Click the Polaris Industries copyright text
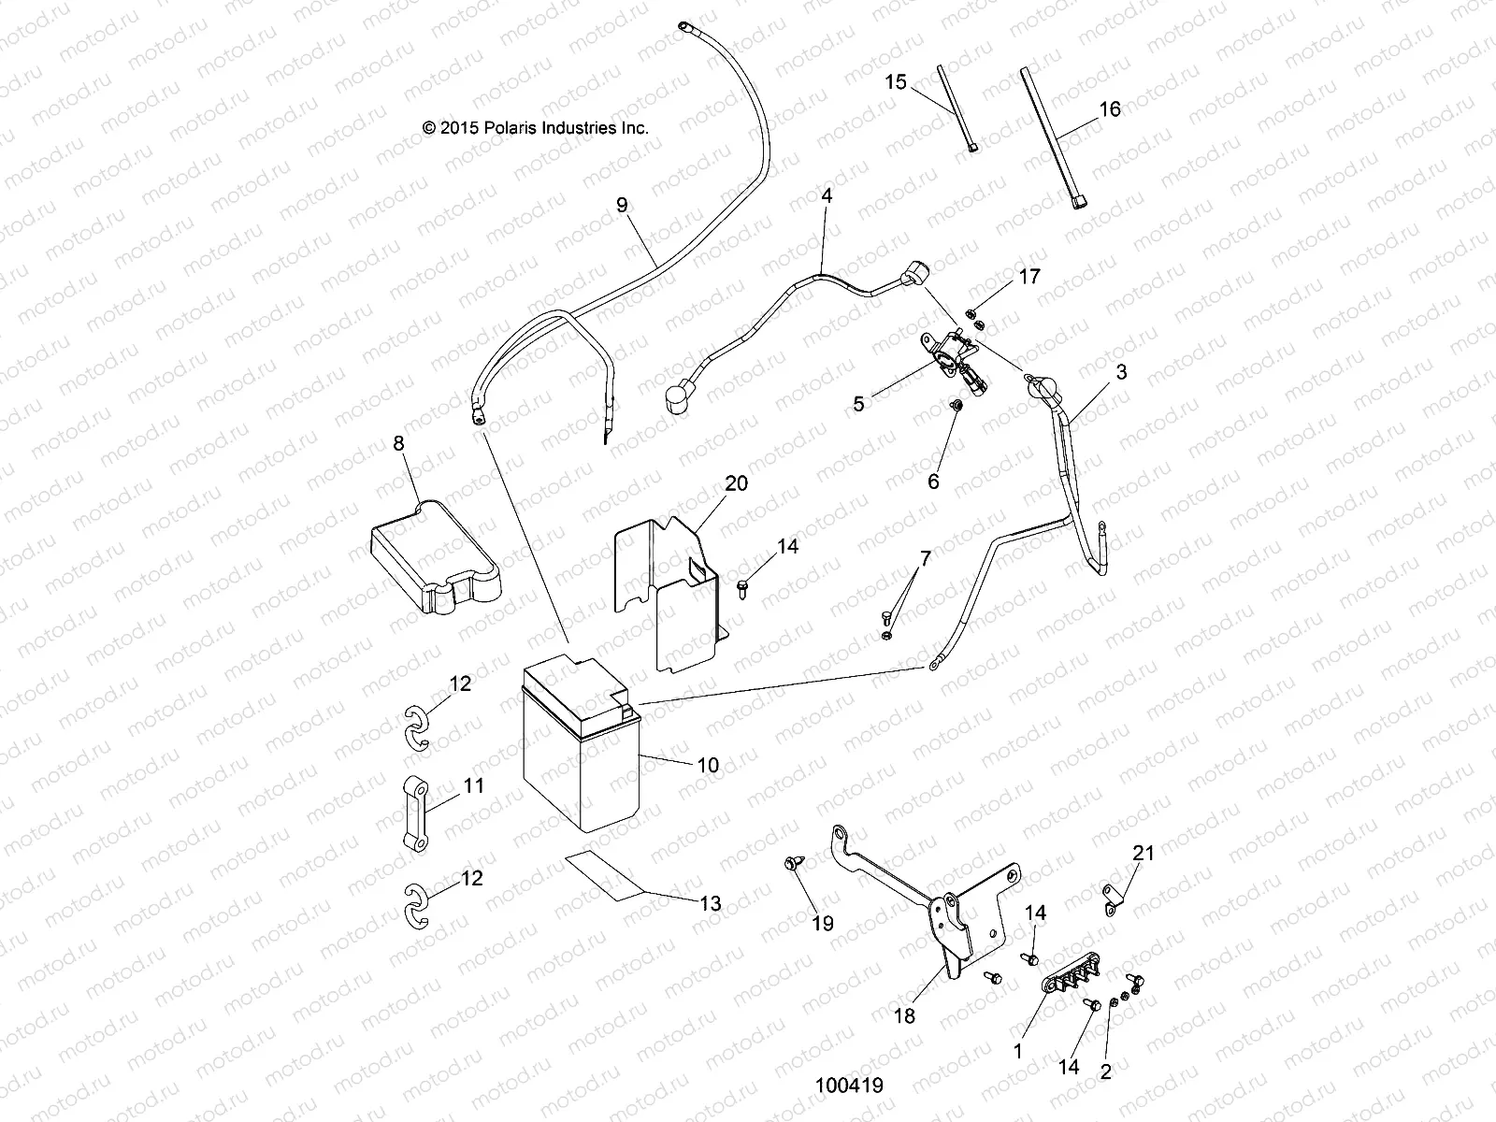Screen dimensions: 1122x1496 pos(535,128)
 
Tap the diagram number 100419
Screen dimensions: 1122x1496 pos(849,1086)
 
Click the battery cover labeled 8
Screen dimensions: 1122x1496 pos(435,561)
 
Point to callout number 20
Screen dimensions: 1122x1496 pos(736,483)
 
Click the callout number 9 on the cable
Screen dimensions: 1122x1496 pos(623,205)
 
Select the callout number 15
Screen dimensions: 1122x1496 pos(896,82)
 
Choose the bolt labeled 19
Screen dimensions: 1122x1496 pos(792,864)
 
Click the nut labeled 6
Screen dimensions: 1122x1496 pos(956,409)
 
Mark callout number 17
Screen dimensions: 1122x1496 pos(1029,277)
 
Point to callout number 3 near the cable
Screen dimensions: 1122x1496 pos(1121,372)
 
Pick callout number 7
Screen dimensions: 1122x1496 pos(926,560)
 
